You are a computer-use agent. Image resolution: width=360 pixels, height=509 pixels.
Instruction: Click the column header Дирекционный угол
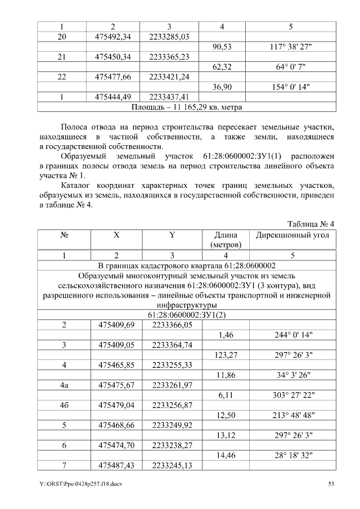(292, 236)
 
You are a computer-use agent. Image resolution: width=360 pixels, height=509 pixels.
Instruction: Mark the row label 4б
(65, 405)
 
